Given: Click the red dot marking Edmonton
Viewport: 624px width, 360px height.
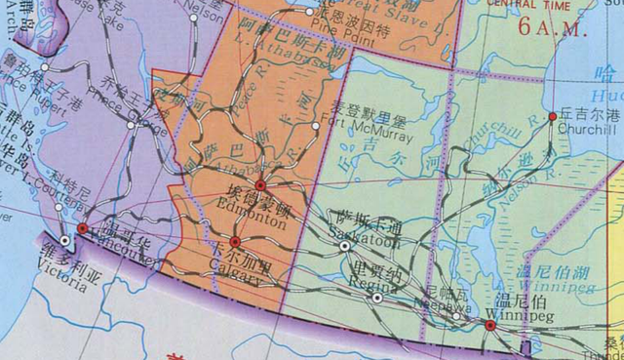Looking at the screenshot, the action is pos(260,185).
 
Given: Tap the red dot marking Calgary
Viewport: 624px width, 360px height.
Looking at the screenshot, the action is pos(235,242).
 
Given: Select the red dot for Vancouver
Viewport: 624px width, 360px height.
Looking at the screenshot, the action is pos(83,228).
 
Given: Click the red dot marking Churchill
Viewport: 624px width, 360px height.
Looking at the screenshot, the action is pos(553,117).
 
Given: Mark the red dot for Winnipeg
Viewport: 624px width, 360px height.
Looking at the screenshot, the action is pos(490,327).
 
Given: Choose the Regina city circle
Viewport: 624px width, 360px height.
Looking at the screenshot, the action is pos(377,299).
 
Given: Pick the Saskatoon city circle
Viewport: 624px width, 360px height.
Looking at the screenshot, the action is pos(344,247).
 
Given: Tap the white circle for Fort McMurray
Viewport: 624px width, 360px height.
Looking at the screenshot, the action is pos(316,126).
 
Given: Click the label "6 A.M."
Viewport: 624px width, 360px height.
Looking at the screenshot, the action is pos(556,26).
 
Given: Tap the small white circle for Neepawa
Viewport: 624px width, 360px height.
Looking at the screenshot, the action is pos(455,316).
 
